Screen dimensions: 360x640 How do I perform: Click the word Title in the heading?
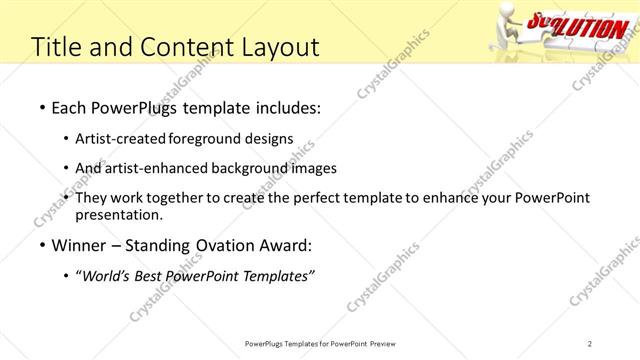pyautogui.click(x=57, y=46)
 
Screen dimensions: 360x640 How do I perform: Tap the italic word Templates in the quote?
pyautogui.click(x=280, y=277)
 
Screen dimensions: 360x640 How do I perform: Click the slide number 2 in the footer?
pyautogui.click(x=590, y=343)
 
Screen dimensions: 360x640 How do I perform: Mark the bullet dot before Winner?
pyautogui.click(x=41, y=246)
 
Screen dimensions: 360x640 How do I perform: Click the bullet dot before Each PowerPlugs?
pyautogui.click(x=41, y=106)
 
